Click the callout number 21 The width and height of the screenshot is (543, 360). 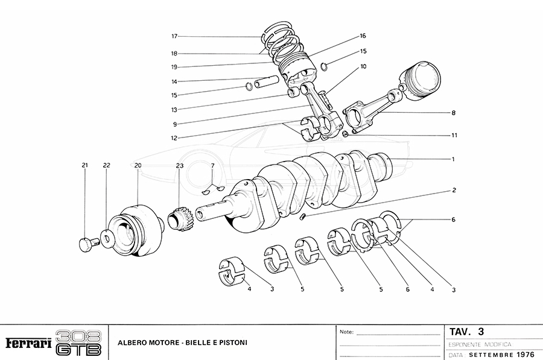84,165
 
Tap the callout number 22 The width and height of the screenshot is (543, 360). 106,165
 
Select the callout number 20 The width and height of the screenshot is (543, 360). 138,165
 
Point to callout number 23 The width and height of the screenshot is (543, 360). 179,165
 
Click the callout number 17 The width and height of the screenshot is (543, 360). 174,36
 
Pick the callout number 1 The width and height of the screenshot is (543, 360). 452,159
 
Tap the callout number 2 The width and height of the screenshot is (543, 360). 454,190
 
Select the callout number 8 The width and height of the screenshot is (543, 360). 453,113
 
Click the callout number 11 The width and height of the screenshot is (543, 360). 453,135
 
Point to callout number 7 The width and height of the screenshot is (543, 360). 212,165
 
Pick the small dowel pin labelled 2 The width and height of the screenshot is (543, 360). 305,216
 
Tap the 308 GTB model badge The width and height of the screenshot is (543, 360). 78,343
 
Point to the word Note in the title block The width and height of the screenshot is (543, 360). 346,332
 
